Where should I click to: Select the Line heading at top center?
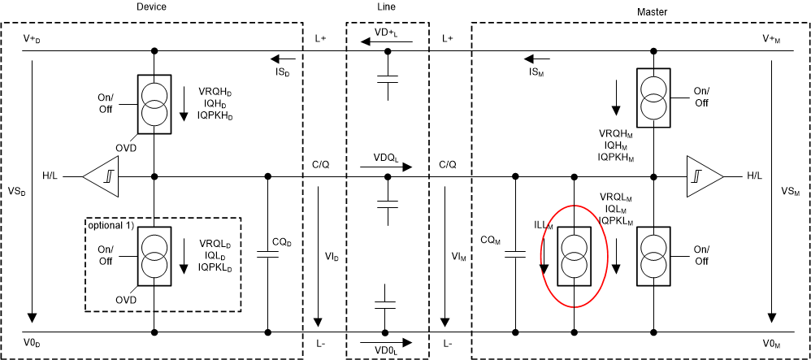(388, 7)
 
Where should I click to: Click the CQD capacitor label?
(282, 241)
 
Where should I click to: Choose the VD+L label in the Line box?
(387, 34)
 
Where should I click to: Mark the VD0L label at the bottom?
(387, 350)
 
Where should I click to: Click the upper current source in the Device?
(154, 103)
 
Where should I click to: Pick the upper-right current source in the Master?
(654, 97)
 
